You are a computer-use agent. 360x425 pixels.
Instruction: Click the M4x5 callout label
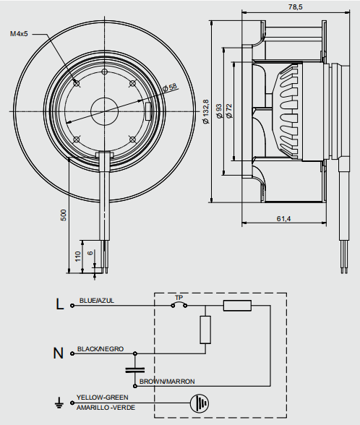tap(19, 34)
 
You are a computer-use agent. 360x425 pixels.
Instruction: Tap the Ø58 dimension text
tap(170, 87)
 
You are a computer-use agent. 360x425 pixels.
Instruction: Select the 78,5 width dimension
tap(295, 7)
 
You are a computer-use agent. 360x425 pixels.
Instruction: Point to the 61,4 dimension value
tap(283, 218)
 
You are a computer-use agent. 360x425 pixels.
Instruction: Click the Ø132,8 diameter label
tap(206, 111)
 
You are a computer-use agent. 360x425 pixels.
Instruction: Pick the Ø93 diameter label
tap(219, 111)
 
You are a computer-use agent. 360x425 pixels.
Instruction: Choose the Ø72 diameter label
tap(229, 111)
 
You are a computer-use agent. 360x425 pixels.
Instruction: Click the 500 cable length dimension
tap(64, 215)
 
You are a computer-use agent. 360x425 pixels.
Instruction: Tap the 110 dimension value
tap(78, 257)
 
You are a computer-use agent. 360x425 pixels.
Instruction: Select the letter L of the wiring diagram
tap(59, 304)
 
